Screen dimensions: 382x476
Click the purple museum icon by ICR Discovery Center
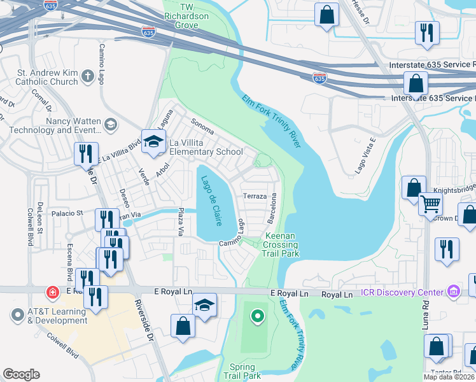click(x=453, y=292)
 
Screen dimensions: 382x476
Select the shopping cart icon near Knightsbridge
click(x=431, y=204)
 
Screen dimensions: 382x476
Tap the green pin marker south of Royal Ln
click(x=257, y=315)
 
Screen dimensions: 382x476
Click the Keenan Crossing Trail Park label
click(x=280, y=244)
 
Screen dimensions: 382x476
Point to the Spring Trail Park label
click(x=242, y=372)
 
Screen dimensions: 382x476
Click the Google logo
click(x=21, y=374)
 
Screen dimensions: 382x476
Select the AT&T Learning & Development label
click(x=57, y=316)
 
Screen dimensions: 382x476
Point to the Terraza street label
click(x=253, y=197)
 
